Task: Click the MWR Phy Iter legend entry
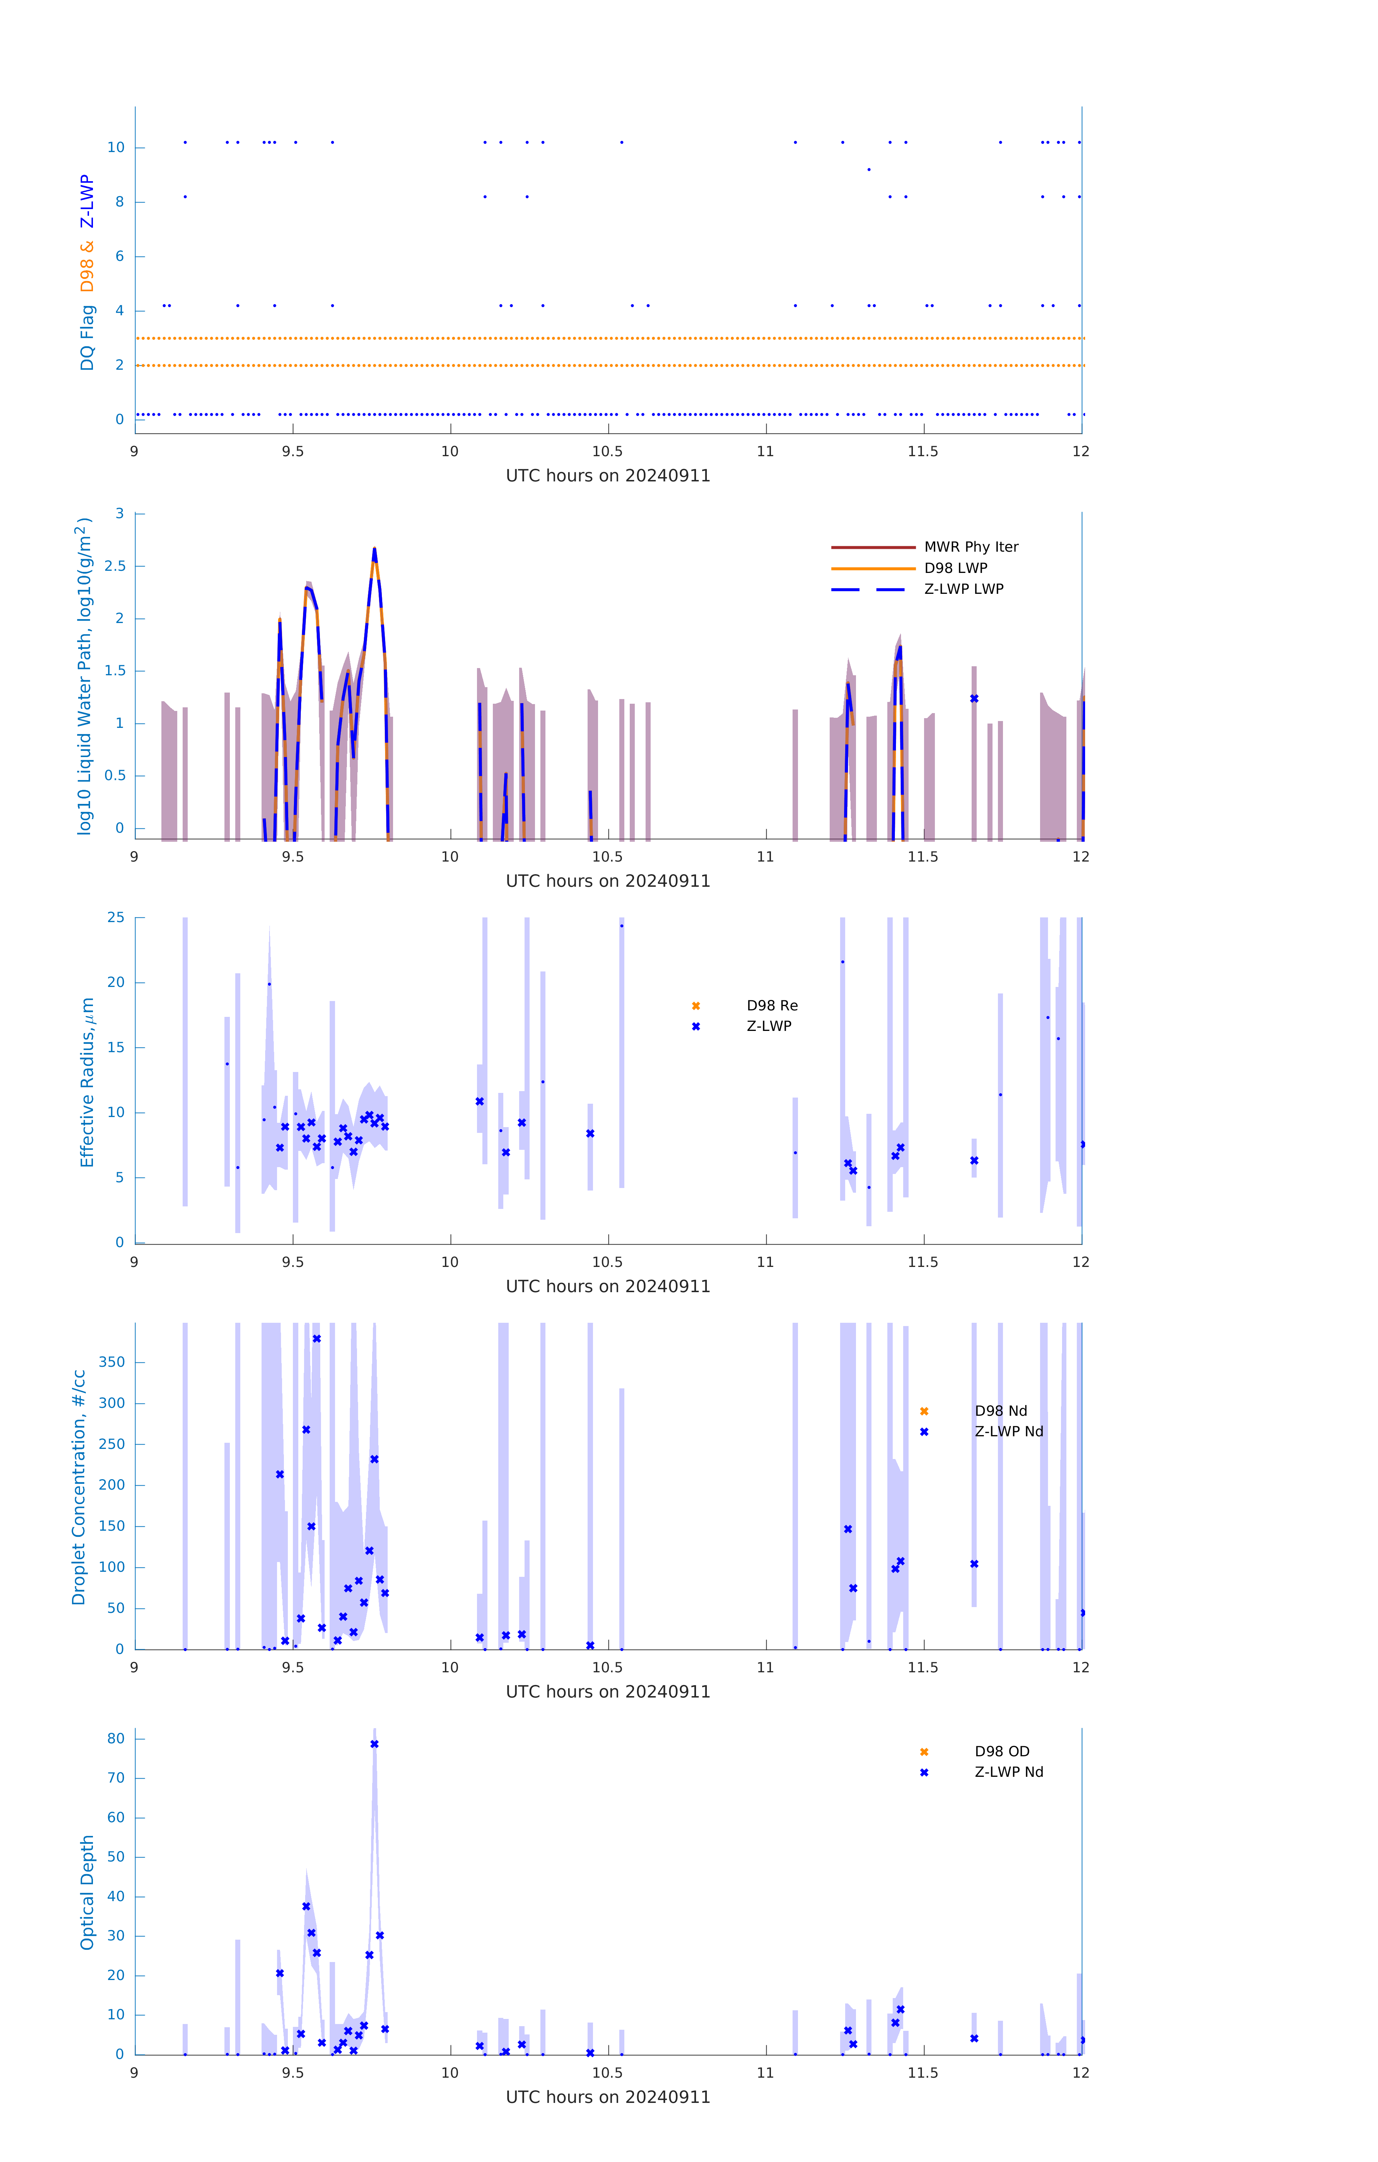click(x=971, y=547)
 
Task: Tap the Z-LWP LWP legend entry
click(x=963, y=589)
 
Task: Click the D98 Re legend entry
click(x=771, y=1006)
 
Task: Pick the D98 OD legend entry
click(x=1001, y=1752)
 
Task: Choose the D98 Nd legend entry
click(x=1000, y=1410)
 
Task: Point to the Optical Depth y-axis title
click(x=87, y=1892)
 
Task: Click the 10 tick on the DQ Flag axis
click(x=116, y=147)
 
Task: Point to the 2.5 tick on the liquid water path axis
click(x=115, y=566)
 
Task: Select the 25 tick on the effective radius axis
click(x=116, y=918)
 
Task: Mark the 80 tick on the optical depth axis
click(x=116, y=1739)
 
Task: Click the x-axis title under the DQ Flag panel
click(x=608, y=476)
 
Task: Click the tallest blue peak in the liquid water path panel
click(x=374, y=550)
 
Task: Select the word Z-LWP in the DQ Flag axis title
click(x=87, y=202)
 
